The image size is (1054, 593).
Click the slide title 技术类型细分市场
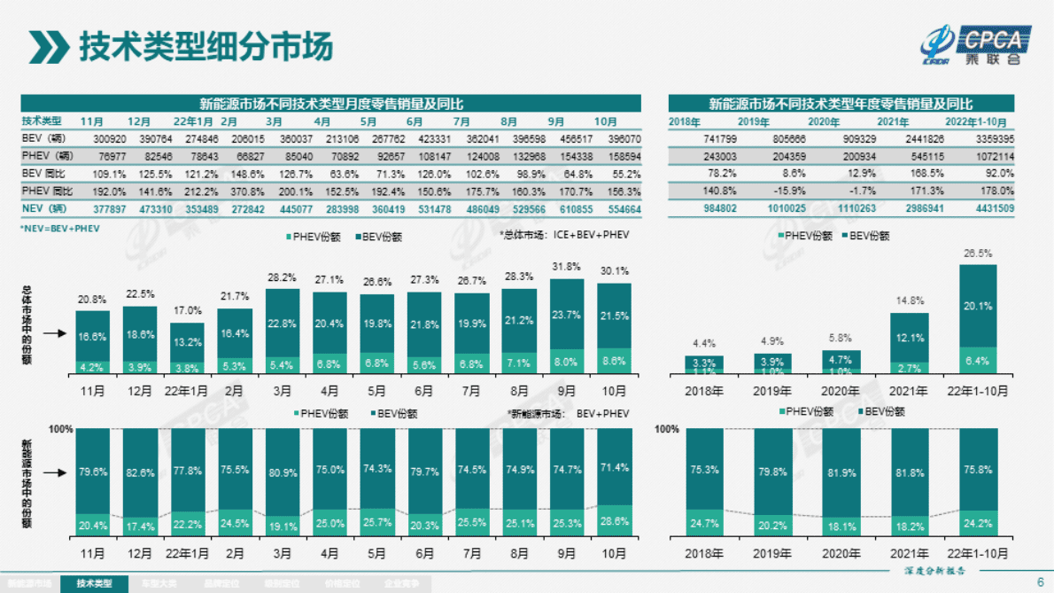coord(205,45)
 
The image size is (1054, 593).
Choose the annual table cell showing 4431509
coord(992,207)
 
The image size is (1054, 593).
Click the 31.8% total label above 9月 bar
coord(567,267)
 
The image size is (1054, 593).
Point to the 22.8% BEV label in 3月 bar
coord(282,323)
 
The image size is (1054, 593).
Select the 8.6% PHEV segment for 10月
coord(614,362)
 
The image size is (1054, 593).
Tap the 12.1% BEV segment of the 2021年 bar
coord(909,338)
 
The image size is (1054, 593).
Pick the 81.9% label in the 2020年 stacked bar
coord(840,472)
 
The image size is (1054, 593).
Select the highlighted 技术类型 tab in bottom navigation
coord(95,584)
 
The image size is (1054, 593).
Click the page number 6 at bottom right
coord(1040,582)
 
